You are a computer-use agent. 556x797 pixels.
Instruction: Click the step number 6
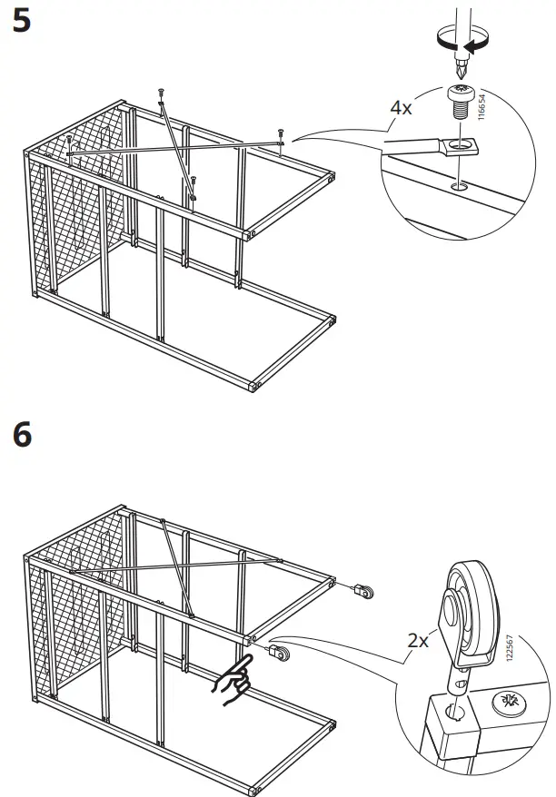(x=23, y=435)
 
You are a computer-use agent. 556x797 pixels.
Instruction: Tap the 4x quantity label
(x=401, y=108)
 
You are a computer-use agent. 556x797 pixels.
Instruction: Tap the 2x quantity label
(x=418, y=641)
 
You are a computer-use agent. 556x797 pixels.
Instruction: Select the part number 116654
(x=482, y=107)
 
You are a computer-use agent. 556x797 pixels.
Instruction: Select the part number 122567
(x=510, y=647)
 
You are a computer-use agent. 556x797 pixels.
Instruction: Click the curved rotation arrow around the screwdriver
(x=463, y=41)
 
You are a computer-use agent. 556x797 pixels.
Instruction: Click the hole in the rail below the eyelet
(x=460, y=187)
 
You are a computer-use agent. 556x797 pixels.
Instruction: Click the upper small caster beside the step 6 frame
(x=363, y=591)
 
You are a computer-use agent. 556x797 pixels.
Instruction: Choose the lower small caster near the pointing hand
(x=278, y=653)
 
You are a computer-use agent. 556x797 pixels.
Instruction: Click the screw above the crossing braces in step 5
(x=161, y=94)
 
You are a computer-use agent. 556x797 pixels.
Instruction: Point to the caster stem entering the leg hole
(x=457, y=686)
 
